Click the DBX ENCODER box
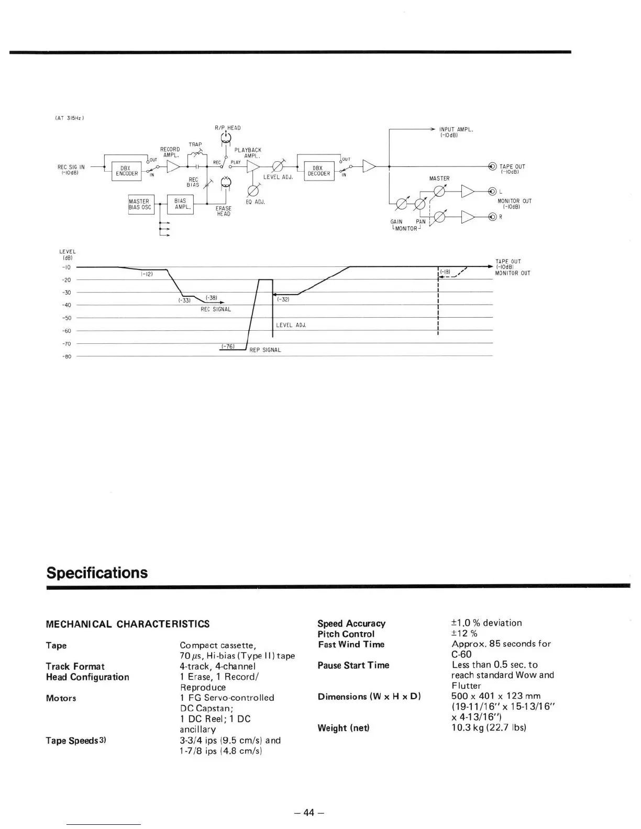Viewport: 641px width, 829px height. pos(126,171)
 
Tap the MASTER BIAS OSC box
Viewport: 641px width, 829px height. pos(140,204)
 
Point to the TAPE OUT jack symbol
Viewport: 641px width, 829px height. pos(491,166)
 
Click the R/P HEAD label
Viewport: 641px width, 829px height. pos(227,128)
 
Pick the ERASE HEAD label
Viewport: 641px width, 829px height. pos(224,211)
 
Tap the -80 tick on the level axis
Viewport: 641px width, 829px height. pos(67,357)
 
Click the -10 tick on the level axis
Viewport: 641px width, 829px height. pos(67,267)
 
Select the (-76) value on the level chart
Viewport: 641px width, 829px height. pos(227,346)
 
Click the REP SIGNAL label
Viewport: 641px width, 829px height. pos(265,350)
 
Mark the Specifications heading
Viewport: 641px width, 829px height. pos(97,573)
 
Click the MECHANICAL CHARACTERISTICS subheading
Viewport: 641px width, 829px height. pos(128,624)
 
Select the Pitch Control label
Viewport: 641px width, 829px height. pos(346,634)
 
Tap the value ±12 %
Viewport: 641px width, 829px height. pos(464,634)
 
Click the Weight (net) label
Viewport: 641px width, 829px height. pos(343,728)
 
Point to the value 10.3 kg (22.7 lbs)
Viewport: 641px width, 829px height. pos(488,727)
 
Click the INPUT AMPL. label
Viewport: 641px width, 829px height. pos(456,129)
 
